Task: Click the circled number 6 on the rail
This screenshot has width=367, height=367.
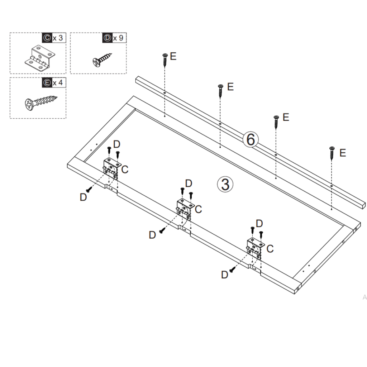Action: (251, 139)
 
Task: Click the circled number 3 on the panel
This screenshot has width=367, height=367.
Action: (225, 184)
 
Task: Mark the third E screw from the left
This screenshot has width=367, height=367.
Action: (276, 121)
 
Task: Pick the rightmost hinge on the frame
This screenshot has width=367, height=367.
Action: (255, 247)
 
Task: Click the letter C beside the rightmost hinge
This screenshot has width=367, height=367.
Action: (270, 248)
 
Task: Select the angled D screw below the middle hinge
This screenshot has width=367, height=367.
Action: (162, 230)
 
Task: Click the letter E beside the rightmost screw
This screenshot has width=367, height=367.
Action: (343, 153)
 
